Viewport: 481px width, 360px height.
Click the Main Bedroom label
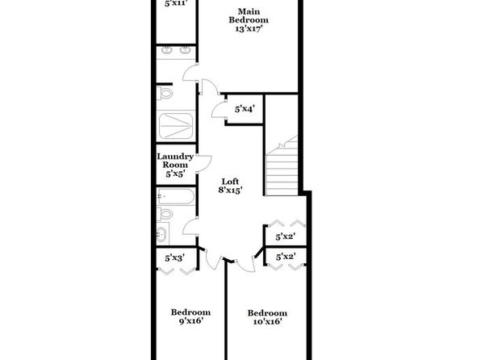pos(249,15)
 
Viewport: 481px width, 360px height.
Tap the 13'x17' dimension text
pos(249,29)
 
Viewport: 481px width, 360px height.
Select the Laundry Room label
pos(175,161)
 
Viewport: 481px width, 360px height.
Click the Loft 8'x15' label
pos(230,186)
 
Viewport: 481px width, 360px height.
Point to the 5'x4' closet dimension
pos(245,109)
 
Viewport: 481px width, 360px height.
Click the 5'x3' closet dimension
pos(175,258)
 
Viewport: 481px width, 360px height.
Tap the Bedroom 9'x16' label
pos(190,316)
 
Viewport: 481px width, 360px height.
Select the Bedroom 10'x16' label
pos(267,317)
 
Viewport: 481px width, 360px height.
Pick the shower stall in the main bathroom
pos(176,126)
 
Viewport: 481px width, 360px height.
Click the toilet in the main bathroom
pos(165,93)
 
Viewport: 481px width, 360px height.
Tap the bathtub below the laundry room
pos(176,196)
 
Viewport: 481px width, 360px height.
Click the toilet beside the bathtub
pos(165,214)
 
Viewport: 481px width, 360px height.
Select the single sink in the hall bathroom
pos(161,234)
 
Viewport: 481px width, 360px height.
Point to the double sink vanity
pos(176,52)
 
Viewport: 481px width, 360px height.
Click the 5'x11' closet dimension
pos(175,3)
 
